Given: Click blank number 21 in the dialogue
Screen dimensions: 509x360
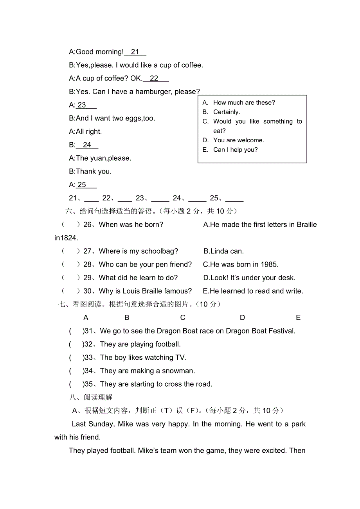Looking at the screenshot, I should tap(135, 52).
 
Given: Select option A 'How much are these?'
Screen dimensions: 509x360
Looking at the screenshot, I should tap(244, 103).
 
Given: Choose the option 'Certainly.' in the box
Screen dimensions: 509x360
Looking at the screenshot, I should tap(227, 112).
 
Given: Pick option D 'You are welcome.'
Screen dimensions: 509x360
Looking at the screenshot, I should tap(238, 140).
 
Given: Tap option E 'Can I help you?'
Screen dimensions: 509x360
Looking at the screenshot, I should tap(235, 150).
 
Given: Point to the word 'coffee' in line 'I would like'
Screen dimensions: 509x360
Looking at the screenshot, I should tap(191, 65).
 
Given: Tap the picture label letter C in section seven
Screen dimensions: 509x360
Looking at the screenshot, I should tap(183, 318).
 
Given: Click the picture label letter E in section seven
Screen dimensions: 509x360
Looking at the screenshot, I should tap(298, 318).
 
